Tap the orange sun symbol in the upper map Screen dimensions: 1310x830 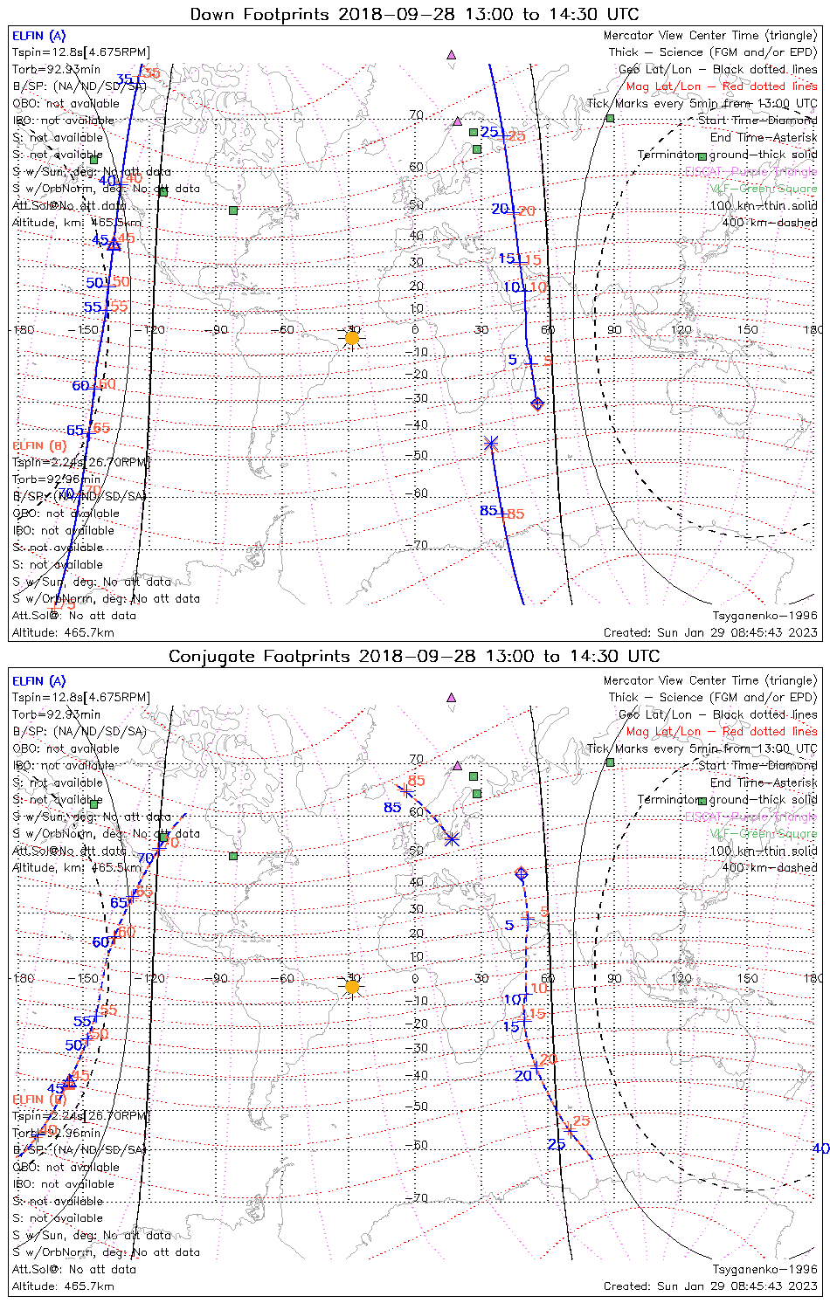[x=352, y=338]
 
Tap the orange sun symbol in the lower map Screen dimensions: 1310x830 [x=352, y=987]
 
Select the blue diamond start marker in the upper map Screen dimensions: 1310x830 [x=537, y=403]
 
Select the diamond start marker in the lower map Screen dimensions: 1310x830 [x=522, y=873]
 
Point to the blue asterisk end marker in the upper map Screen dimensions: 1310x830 [x=491, y=444]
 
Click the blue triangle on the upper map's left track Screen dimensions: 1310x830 [x=114, y=245]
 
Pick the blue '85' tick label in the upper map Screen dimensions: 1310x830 [x=488, y=511]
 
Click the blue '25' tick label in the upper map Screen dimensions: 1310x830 [x=489, y=133]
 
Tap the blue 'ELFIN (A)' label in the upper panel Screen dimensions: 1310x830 [x=38, y=36]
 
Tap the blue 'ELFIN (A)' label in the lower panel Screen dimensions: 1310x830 [x=38, y=681]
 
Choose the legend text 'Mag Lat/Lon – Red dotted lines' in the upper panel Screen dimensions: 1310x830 [x=722, y=86]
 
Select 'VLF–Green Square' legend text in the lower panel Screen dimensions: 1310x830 [x=763, y=834]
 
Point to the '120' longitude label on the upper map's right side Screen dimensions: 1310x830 [x=681, y=330]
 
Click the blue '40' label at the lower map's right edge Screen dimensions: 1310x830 [x=820, y=1148]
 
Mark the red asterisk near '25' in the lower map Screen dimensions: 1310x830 [x=570, y=1128]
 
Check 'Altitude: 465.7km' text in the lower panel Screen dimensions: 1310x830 [x=63, y=1286]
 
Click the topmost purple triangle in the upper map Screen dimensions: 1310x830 [x=452, y=54]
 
